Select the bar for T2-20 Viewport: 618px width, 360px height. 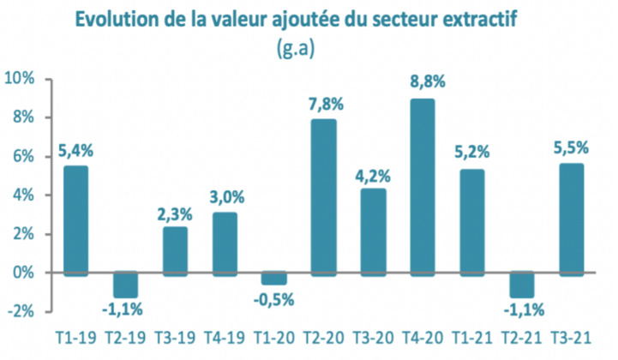[x=323, y=196]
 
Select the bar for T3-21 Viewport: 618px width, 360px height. [x=571, y=219]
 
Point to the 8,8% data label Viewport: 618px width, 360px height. [x=423, y=83]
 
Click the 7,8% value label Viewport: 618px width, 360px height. [x=324, y=104]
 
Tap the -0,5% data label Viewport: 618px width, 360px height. [x=274, y=299]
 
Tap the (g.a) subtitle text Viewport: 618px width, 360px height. [x=296, y=48]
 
